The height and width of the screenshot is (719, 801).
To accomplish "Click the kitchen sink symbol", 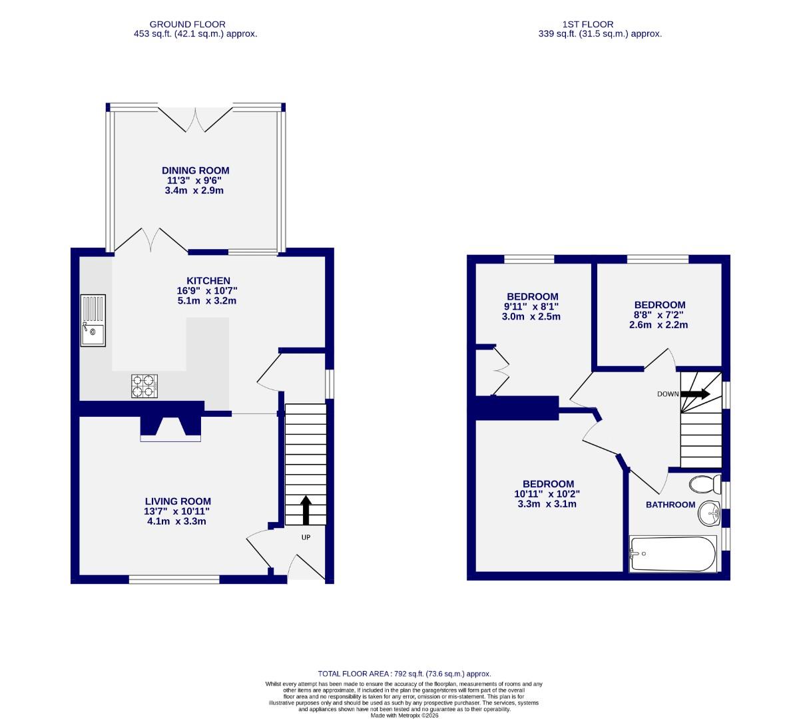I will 92,321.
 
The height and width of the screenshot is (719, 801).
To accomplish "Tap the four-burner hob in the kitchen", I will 144,386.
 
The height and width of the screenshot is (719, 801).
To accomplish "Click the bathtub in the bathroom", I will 673,554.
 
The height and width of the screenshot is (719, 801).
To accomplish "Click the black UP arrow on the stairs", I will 306,509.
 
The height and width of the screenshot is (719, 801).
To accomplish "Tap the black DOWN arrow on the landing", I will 695,394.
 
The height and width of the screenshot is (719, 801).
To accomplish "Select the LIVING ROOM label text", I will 178,501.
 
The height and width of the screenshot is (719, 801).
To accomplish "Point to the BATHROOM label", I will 670,505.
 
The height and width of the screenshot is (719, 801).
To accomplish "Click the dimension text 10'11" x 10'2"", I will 547,494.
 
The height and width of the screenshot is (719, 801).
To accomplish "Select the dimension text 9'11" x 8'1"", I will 532,306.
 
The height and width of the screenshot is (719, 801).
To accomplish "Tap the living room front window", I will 174,579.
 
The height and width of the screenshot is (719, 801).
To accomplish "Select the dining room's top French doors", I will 196,119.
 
